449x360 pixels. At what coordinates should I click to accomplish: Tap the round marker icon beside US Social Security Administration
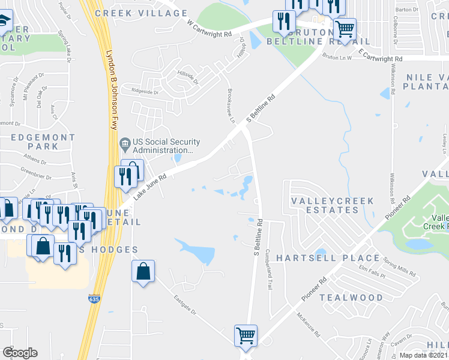125,143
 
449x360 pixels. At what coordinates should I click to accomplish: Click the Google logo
20,353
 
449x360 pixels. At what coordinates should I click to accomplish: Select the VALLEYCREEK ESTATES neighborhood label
332,205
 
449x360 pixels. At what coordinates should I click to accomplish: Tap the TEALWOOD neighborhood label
351,298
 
